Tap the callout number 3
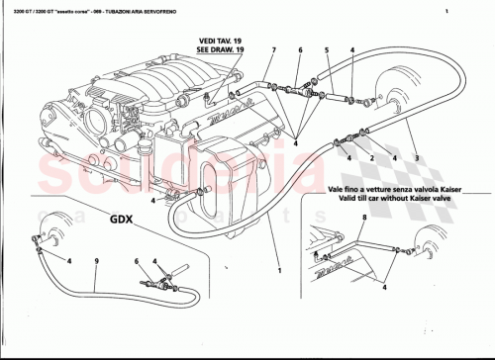click(x=416, y=158)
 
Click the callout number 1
click(x=279, y=269)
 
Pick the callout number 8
click(x=364, y=215)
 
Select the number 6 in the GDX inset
click(x=138, y=260)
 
